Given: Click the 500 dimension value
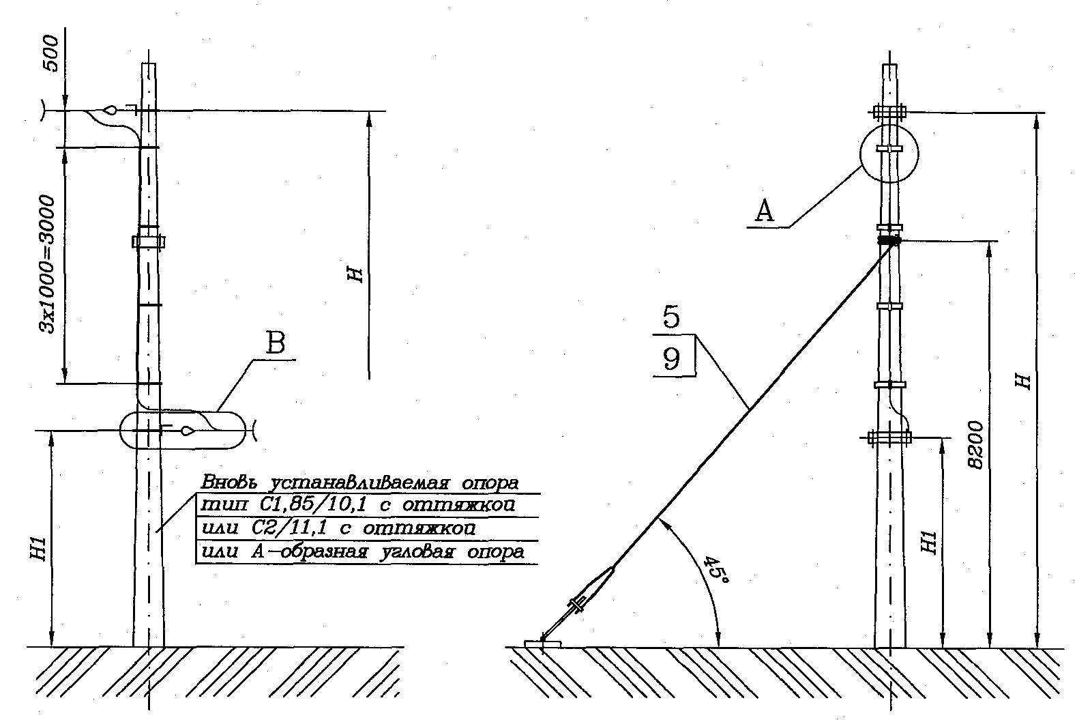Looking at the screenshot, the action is point(51,54).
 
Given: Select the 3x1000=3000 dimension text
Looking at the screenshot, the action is point(48,264).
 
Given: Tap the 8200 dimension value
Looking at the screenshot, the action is point(975,445).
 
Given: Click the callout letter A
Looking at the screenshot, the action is point(764,211).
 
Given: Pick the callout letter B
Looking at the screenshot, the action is point(276,343).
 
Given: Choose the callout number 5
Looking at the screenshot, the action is point(672,317).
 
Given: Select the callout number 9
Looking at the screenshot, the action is point(672,359).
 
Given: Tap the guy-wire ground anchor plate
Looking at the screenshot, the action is point(543,644).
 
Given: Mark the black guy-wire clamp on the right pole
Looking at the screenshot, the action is point(889,240).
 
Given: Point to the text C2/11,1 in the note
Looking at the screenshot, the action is point(289,528).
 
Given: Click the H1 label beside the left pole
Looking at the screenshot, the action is point(40,548).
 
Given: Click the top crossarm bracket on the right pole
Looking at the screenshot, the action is point(889,112).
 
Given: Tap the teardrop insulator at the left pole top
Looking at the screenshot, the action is point(110,110).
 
